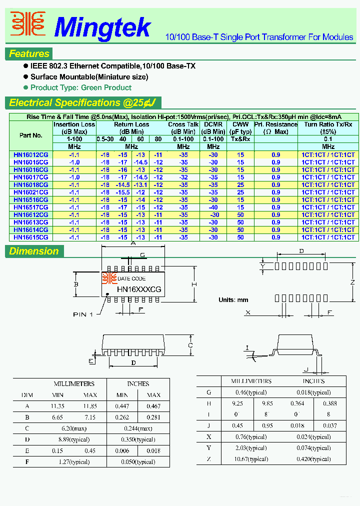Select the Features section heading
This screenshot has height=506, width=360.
29,54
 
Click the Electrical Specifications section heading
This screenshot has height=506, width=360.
82,103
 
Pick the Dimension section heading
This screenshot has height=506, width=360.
34,251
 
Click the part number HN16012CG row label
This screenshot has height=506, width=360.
31,155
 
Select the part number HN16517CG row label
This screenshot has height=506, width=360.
31,207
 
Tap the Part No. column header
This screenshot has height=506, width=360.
31,135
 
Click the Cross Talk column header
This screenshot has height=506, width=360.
183,124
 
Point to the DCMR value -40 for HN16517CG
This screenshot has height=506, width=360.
213,207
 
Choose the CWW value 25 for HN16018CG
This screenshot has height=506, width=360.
241,185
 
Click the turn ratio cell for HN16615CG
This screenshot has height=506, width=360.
328,237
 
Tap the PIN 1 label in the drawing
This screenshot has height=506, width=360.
83,314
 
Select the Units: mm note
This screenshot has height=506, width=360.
233,300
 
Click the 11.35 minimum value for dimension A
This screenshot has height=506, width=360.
58,406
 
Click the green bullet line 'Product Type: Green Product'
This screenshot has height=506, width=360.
80,87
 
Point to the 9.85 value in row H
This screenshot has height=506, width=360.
268,403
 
